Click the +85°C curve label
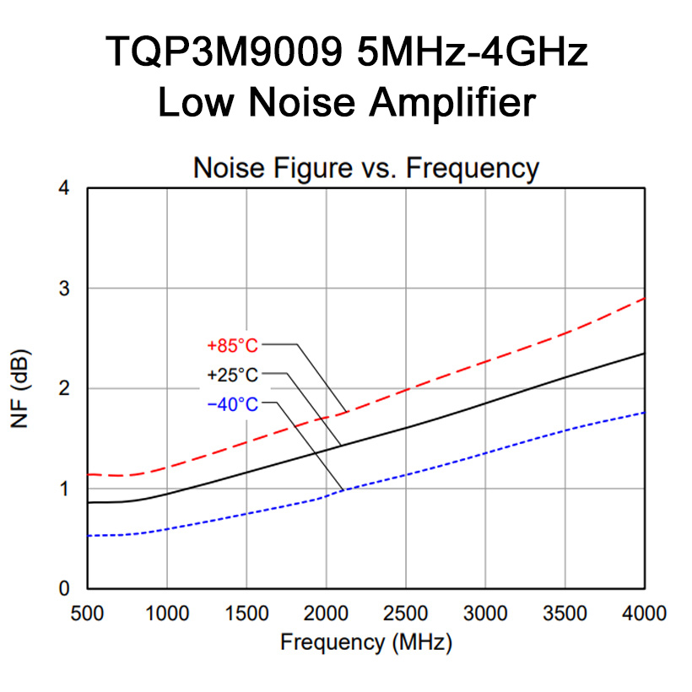pos(232,345)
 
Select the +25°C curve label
pos(232,375)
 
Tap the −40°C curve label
pos(232,405)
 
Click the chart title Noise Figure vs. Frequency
pos(365,168)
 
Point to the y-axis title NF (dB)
pos(23,388)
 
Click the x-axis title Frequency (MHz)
pos(366,642)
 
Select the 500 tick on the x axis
pos(88,612)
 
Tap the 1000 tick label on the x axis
pos(166,612)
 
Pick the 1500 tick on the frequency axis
pos(246,612)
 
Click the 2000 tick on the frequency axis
pos(326,612)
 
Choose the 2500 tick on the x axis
pos(406,612)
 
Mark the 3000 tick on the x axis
pos(485,612)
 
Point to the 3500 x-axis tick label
pos(565,612)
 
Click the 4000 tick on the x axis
pos(644,612)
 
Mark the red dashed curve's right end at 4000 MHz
pos(645,298)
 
